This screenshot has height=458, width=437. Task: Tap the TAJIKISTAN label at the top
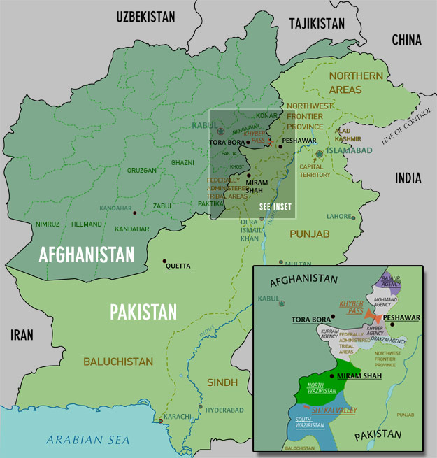coord(317,23)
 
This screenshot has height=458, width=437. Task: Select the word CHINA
coord(406,40)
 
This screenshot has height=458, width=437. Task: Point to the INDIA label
coord(408,178)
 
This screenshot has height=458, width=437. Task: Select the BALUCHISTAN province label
coord(117,362)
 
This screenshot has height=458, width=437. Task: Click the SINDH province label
coord(222,382)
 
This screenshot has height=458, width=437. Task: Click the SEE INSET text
coord(274,207)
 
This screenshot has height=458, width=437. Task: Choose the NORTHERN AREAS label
coord(355,83)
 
